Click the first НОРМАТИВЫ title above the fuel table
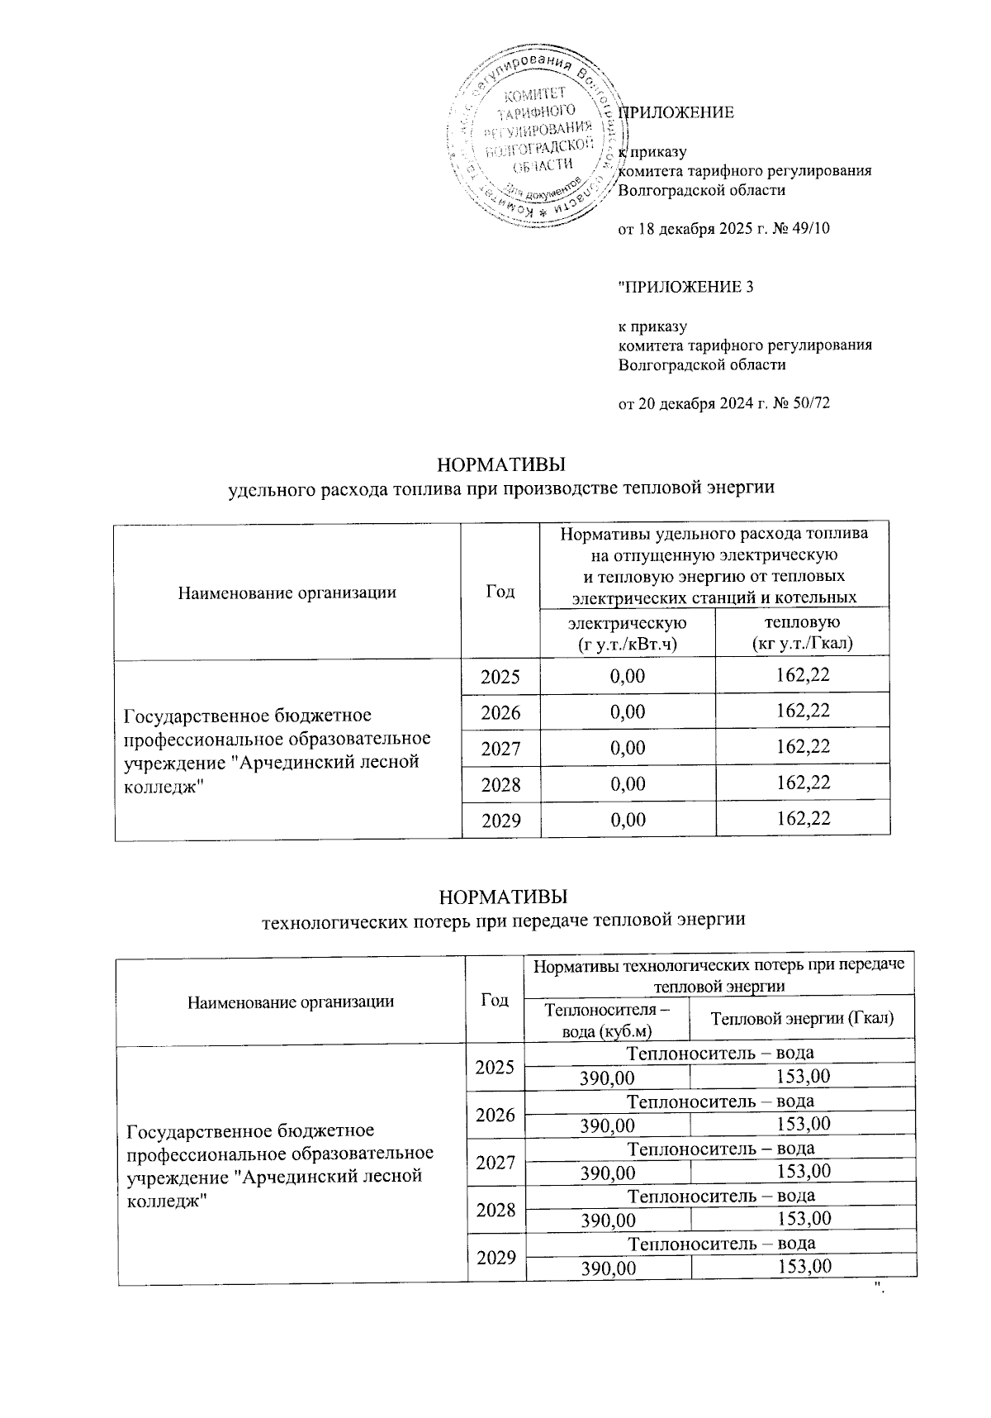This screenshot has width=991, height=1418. coord(501,461)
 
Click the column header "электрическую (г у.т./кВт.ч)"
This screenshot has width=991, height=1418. coord(628,631)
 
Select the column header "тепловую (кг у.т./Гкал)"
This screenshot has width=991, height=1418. coord(802,631)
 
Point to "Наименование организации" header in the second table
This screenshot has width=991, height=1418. coord(291,1002)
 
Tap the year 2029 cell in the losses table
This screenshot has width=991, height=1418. coord(496,1258)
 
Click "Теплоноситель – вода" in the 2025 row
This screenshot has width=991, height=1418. coord(720,1053)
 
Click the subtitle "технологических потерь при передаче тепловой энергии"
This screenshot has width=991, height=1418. coord(503,920)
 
